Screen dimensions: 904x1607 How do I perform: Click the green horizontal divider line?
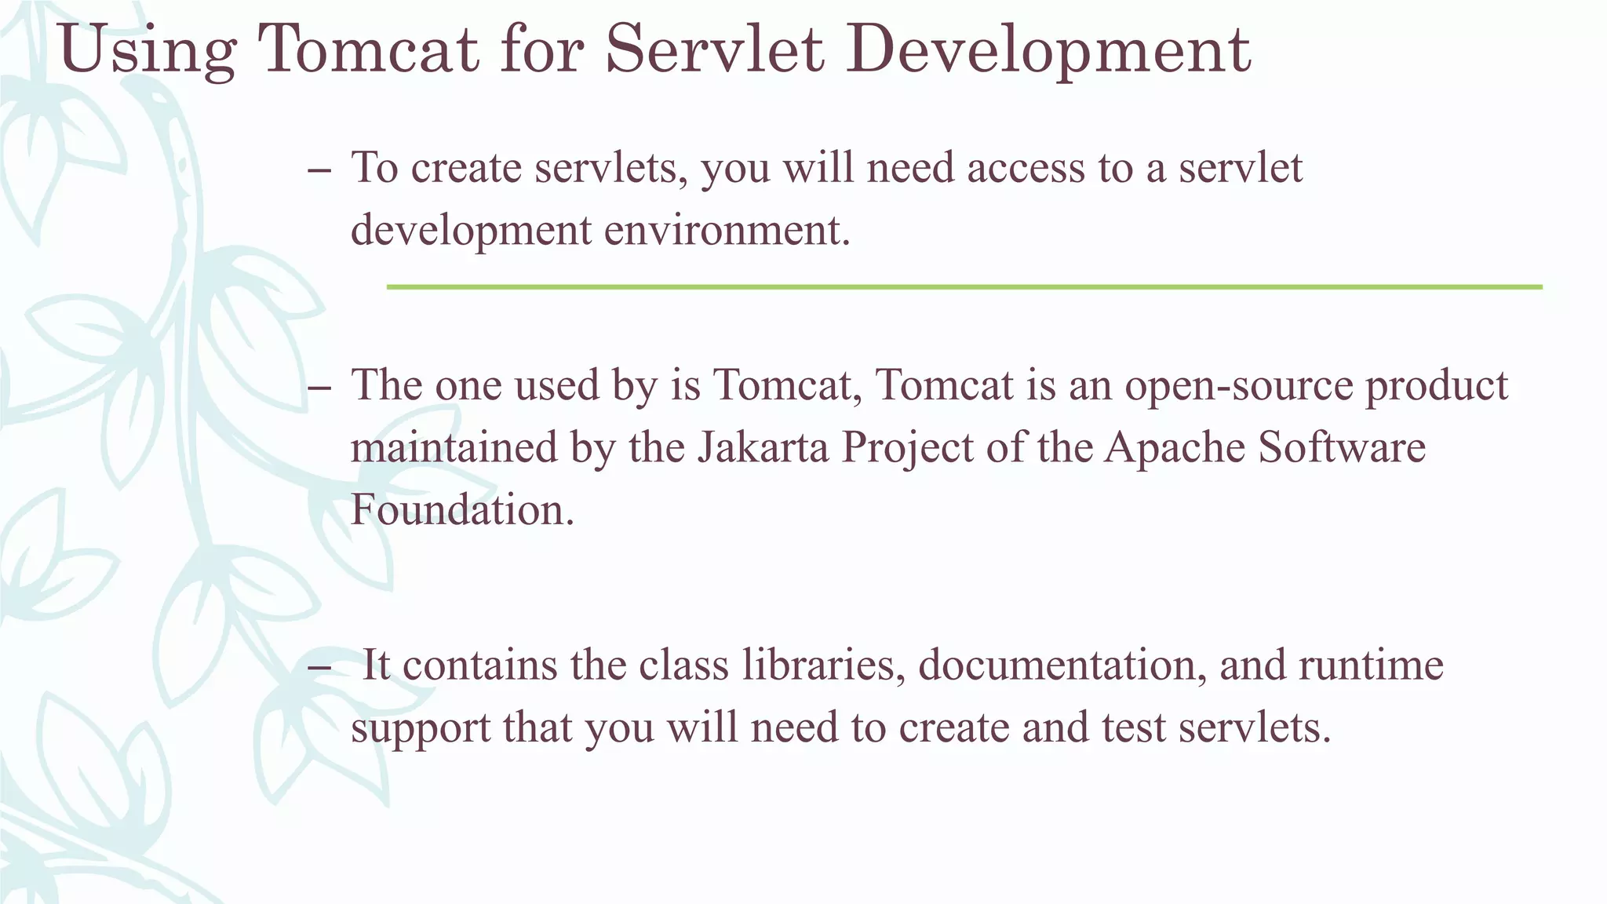[x=964, y=287]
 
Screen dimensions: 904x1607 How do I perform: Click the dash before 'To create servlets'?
[x=319, y=170]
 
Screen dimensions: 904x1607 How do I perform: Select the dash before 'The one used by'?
[x=319, y=388]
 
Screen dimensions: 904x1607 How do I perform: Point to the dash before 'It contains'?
[x=319, y=668]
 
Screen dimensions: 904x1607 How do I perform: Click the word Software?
[x=1342, y=448]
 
